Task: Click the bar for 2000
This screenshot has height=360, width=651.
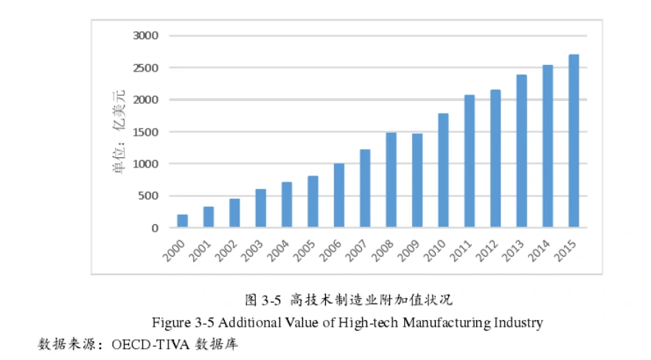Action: pyautogui.click(x=183, y=221)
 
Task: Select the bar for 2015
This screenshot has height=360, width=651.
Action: pyautogui.click(x=574, y=141)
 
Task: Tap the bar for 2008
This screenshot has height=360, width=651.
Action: pyautogui.click(x=391, y=180)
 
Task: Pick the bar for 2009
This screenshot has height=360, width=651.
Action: pyautogui.click(x=417, y=181)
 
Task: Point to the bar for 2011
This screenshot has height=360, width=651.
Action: pyautogui.click(x=470, y=161)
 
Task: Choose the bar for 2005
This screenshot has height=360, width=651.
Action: pyautogui.click(x=313, y=201)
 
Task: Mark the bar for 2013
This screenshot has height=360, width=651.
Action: pyautogui.click(x=521, y=151)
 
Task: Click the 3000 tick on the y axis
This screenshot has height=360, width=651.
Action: pyautogui.click(x=146, y=35)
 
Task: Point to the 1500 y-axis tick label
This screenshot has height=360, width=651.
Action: pyautogui.click(x=146, y=132)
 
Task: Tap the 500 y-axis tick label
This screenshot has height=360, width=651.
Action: pyautogui.click(x=148, y=196)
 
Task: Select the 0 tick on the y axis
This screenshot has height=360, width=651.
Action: pyautogui.click(x=155, y=228)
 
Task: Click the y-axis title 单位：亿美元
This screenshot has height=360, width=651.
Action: pyautogui.click(x=118, y=132)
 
